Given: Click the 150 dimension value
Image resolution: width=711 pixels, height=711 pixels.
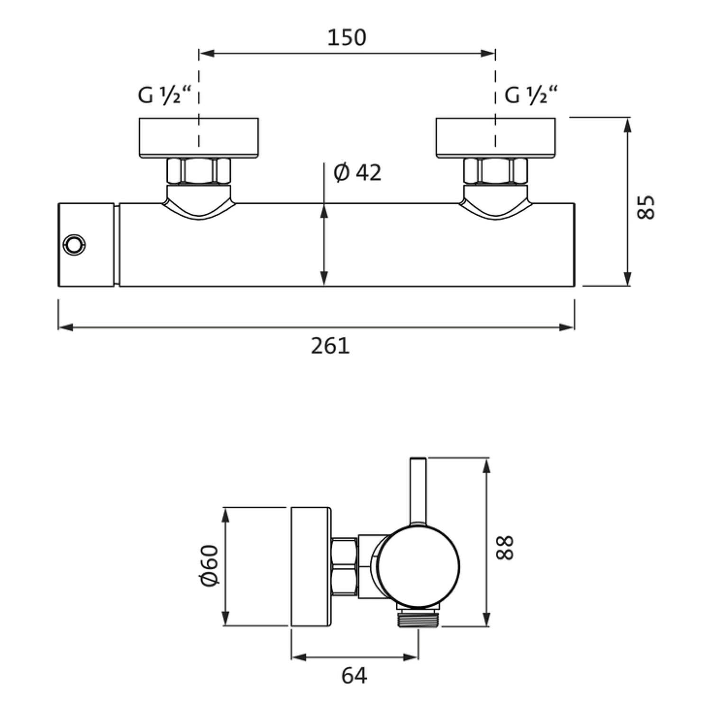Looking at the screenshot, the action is coord(347,37).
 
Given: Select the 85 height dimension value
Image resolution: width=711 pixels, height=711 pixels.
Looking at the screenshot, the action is coord(646,207).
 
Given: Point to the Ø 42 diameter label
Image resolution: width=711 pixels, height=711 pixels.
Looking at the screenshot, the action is coord(357,173).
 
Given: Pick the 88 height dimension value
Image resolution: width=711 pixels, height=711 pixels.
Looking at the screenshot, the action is coord(505,547).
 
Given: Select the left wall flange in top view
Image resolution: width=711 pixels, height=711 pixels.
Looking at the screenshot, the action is coord(199,137).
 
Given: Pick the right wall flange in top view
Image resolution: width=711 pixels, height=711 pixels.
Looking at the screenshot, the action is coord(495,137).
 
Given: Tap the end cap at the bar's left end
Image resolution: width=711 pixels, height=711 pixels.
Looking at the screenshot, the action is coord(87,245).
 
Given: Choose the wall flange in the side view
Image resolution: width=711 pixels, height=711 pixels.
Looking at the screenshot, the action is coord(311,567).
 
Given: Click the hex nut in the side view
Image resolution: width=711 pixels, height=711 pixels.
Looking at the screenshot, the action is coord(345,566).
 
